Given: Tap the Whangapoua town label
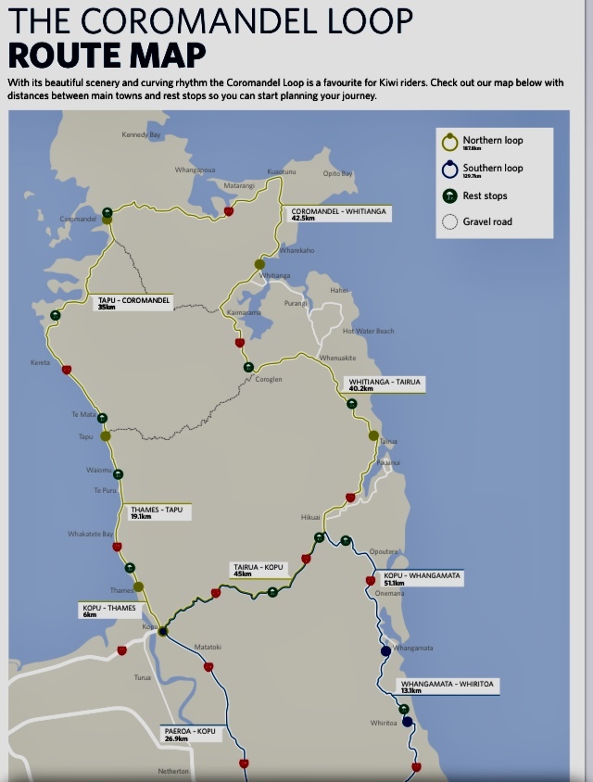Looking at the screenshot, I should pyautogui.click(x=195, y=170).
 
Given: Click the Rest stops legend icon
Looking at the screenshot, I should pyautogui.click(x=450, y=195).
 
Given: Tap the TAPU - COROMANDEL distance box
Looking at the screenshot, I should pyautogui.click(x=134, y=302).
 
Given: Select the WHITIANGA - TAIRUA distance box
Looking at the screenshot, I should pyautogui.click(x=384, y=384).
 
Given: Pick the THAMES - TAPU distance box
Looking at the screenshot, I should pyautogui.click(x=157, y=511).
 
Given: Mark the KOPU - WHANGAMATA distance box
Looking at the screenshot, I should pyautogui.click(x=422, y=578).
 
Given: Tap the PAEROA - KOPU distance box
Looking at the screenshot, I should pyautogui.click(x=189, y=735).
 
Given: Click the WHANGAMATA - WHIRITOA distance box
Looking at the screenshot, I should pyautogui.click(x=448, y=687).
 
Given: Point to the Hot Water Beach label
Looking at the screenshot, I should pyautogui.click(x=368, y=331).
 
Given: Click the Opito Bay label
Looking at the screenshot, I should pyautogui.click(x=337, y=173).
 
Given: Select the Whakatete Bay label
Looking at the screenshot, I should pyautogui.click(x=90, y=535).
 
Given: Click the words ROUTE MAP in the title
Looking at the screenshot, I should pyautogui.click(x=107, y=55).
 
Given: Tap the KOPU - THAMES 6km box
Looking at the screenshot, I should pyautogui.click(x=109, y=611).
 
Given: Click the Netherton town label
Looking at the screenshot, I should pyautogui.click(x=173, y=771).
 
